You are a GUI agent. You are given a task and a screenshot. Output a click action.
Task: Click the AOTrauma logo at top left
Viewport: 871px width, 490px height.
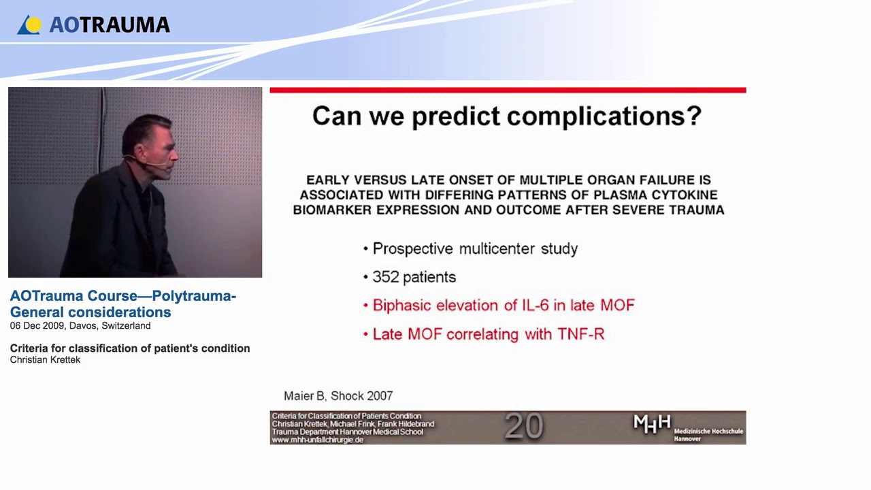coord(93,25)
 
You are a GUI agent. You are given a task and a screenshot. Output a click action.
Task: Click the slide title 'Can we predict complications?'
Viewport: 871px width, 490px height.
coord(507,116)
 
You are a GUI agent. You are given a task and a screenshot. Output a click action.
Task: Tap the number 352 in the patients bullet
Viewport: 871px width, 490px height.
coord(386,278)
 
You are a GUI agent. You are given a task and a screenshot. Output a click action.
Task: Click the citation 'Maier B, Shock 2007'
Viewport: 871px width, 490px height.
coord(338,395)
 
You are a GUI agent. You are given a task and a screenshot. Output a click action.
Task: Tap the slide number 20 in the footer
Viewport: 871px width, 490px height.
coord(523,427)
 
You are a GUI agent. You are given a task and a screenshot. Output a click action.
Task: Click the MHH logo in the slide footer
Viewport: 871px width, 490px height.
coord(652,424)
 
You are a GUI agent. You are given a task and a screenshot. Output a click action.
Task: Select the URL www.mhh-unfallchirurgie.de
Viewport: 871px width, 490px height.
coord(317,440)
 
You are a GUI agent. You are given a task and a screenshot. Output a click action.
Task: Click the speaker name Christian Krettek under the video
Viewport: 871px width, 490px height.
coord(45,360)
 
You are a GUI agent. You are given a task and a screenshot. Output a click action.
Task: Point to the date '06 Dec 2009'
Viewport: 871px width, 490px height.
coord(38,326)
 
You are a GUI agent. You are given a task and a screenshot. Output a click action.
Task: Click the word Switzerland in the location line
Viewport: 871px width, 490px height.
coord(126,326)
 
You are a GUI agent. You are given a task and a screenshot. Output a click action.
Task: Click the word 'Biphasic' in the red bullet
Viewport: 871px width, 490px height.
coord(402,306)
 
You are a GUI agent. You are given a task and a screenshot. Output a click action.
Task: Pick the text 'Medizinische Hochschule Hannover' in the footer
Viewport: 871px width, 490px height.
coord(708,435)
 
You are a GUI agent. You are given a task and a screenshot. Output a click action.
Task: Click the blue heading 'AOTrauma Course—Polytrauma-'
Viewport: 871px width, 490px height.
coord(123,297)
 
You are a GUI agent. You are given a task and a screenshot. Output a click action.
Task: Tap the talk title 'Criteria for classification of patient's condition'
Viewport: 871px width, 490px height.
coord(130,348)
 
